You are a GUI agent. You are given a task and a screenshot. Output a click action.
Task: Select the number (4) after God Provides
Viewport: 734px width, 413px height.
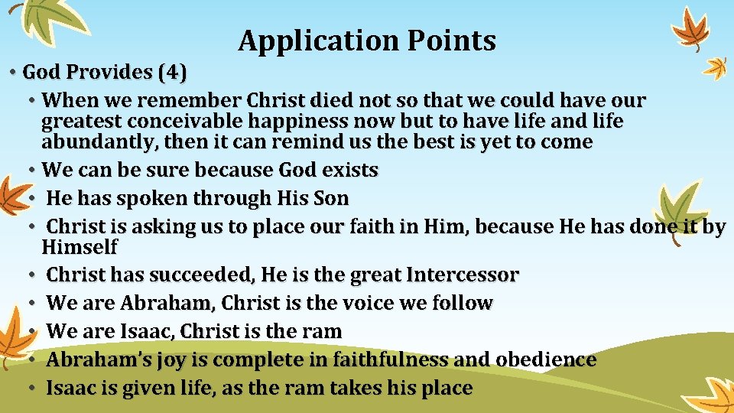171,73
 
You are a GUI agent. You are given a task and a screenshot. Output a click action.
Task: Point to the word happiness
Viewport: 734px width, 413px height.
303,122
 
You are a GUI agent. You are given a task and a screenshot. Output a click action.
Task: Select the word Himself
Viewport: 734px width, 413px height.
80,247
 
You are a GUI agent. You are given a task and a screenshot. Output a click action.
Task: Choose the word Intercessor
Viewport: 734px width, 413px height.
463,275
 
